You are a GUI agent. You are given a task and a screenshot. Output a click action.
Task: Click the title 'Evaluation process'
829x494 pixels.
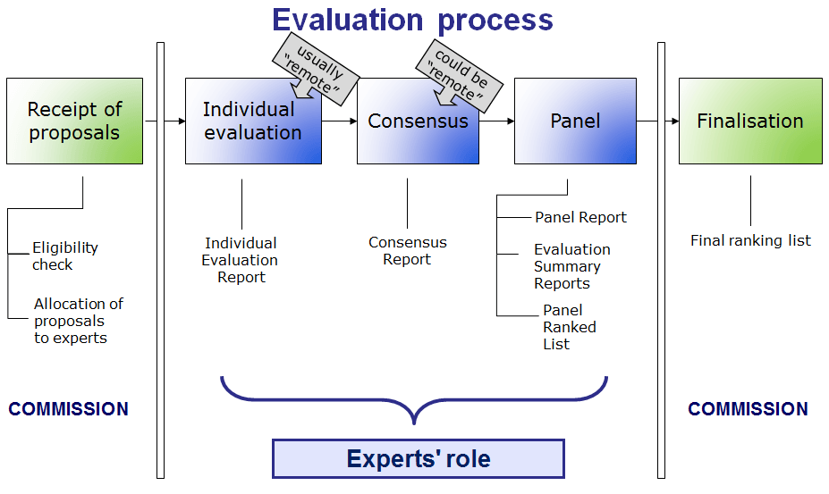click(x=412, y=20)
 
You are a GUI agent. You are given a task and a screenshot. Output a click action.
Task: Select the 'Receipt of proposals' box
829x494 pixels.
click(x=74, y=121)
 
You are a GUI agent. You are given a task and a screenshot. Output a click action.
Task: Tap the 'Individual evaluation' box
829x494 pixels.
click(x=253, y=121)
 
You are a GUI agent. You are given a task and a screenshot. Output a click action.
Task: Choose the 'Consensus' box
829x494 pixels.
click(x=418, y=121)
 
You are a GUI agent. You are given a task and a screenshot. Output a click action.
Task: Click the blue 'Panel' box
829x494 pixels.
click(x=575, y=121)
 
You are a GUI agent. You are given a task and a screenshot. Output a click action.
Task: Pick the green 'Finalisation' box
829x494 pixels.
click(x=750, y=121)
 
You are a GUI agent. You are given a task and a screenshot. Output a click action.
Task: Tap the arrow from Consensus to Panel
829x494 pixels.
click(x=496, y=121)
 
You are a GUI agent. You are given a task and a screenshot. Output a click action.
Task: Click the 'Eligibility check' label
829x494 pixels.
click(x=65, y=256)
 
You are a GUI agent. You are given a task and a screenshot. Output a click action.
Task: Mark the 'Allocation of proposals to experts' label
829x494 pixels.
click(x=78, y=321)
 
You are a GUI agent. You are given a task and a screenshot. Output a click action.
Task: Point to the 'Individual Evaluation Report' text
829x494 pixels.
click(x=241, y=260)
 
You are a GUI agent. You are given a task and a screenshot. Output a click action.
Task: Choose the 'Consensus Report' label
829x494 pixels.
click(x=407, y=251)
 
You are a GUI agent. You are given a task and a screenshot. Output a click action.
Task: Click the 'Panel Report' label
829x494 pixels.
click(x=580, y=217)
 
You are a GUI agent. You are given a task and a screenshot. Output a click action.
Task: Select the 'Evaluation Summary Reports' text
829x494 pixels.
click(x=571, y=266)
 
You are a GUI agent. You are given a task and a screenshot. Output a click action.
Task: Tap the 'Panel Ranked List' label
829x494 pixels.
click(x=569, y=327)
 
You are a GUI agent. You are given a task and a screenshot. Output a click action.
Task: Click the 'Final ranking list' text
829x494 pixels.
click(x=750, y=240)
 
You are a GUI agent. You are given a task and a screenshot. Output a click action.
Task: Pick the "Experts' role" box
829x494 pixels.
click(x=419, y=459)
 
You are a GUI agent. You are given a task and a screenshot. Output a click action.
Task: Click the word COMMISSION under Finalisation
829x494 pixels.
click(x=748, y=409)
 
